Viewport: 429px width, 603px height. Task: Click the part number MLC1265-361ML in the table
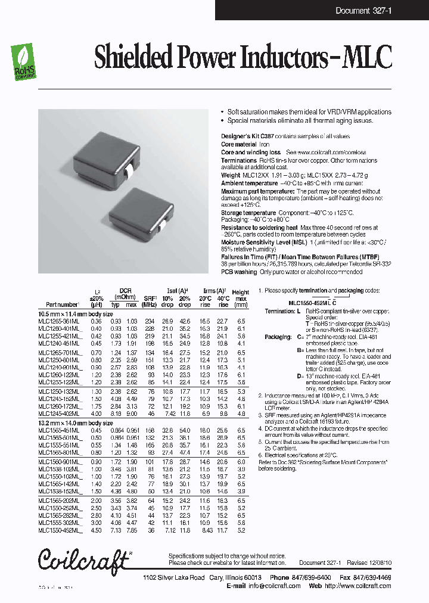58,321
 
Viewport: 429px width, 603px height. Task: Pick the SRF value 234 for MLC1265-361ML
148,321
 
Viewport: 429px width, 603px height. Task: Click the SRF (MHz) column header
149,301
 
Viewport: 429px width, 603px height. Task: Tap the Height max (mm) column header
241,298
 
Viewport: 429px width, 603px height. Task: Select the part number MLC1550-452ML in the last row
58,530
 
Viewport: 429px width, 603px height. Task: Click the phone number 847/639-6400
307,577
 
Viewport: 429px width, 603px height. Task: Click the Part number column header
58,304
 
